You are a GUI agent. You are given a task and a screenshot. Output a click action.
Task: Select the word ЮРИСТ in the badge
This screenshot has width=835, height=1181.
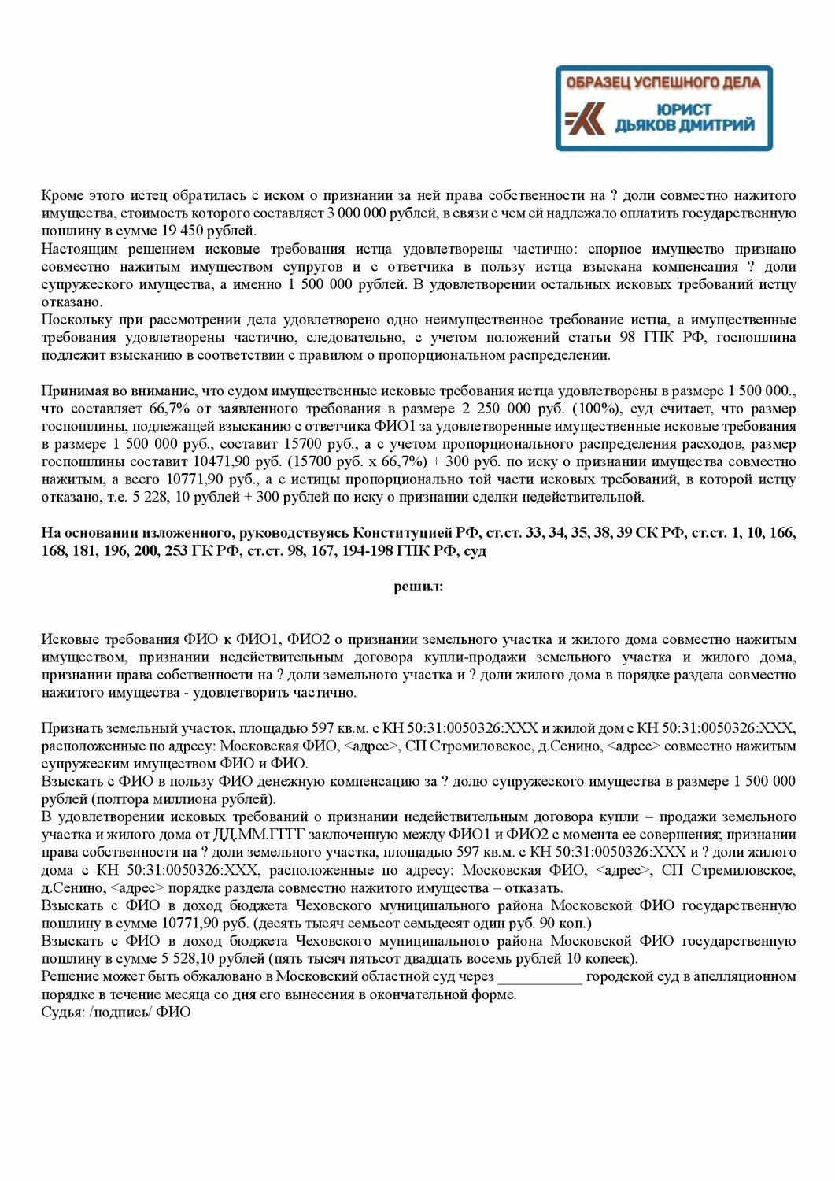(x=682, y=109)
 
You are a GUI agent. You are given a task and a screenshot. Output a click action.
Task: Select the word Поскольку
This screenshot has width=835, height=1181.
(x=74, y=320)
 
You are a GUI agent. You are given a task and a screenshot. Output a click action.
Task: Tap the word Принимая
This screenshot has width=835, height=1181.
(x=72, y=391)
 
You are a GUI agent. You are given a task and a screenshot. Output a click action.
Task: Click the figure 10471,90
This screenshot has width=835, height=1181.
(x=215, y=462)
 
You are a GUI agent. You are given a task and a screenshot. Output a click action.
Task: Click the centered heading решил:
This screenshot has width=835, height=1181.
(x=418, y=587)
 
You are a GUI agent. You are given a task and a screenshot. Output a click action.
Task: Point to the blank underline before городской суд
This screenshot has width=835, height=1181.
(x=540, y=978)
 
